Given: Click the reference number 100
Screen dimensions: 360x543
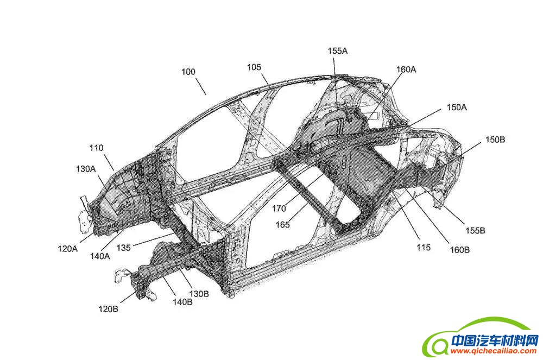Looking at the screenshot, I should (x=189, y=72).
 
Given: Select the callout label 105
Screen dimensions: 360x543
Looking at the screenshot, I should (x=254, y=67).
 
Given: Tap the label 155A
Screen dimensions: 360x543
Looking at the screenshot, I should (x=337, y=50).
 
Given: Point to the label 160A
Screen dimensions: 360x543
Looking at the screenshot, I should (x=406, y=70).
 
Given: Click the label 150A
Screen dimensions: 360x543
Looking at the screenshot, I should (x=457, y=108).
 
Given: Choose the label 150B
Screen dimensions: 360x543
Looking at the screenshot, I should (x=495, y=140).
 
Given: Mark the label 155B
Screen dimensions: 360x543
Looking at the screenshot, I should (x=475, y=230).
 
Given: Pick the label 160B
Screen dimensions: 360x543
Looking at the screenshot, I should (x=459, y=249).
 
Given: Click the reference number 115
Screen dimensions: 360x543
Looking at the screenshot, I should (x=423, y=248).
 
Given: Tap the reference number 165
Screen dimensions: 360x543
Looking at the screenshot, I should (x=296, y=224).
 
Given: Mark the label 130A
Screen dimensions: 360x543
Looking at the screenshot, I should (x=86, y=169).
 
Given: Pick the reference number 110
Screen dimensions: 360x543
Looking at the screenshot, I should (x=97, y=147).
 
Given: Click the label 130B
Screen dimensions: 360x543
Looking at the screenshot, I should (x=199, y=293).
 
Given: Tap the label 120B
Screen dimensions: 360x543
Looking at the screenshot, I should (x=109, y=310).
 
